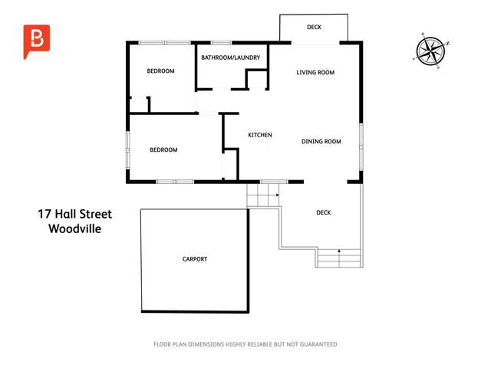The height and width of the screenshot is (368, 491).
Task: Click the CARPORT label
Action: coord(195,259)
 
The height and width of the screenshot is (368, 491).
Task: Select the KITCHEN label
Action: coord(260,135)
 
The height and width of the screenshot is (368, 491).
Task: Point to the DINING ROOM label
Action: coord(321,141)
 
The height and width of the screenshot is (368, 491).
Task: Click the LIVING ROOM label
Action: coord(316,73)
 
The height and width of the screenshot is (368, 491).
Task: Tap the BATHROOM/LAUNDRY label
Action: coord(231,58)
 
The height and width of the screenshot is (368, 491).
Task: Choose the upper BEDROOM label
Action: coord(161,71)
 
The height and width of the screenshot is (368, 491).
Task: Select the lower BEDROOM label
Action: coord(163,150)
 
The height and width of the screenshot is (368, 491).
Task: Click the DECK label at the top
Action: coord(314,28)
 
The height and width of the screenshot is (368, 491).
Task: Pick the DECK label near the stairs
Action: coord(324,213)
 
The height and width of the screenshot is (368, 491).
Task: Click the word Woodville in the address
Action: coord(75,228)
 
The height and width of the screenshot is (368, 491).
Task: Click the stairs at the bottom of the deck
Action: coord(338,258)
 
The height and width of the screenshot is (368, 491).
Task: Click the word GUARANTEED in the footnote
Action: coord(317,344)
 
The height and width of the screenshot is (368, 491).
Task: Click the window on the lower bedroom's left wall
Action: coord(128,149)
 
